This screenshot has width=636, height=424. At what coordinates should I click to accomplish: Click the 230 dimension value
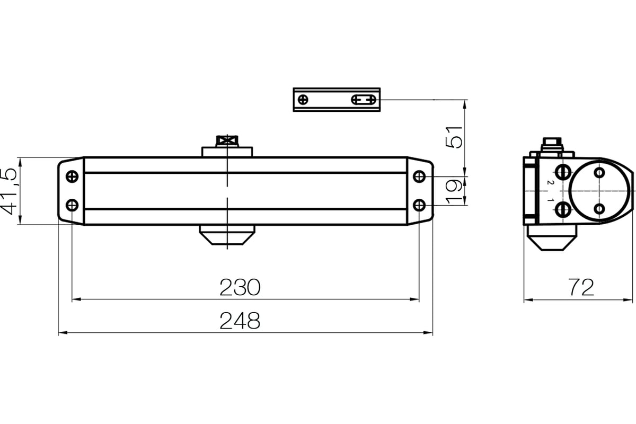coord(240,287)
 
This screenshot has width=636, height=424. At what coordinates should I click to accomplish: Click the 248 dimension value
coord(240,321)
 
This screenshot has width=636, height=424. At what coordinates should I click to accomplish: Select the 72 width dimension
coord(581,287)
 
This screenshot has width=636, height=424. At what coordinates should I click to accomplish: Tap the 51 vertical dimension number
coord(454,137)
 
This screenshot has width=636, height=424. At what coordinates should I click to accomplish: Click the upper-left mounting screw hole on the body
coord(72,176)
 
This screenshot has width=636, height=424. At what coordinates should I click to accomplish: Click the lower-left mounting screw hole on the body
coord(72,205)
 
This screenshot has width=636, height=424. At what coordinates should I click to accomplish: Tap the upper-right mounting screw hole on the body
coord(419,176)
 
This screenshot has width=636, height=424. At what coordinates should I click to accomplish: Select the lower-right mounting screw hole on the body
coord(419,205)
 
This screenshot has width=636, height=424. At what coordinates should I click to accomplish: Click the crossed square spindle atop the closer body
coord(227,141)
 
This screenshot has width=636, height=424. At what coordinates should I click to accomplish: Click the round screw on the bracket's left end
coord(303,99)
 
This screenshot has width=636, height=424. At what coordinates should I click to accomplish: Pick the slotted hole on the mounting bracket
coord(364,99)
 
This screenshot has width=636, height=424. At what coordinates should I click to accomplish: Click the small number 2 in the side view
coord(551,182)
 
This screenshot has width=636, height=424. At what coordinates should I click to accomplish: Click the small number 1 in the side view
coord(551,200)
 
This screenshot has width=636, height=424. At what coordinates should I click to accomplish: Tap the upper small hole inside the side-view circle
coord(599,172)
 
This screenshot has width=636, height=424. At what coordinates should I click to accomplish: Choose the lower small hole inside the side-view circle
coord(599,209)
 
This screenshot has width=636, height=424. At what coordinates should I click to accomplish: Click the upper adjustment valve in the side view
coord(562,172)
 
